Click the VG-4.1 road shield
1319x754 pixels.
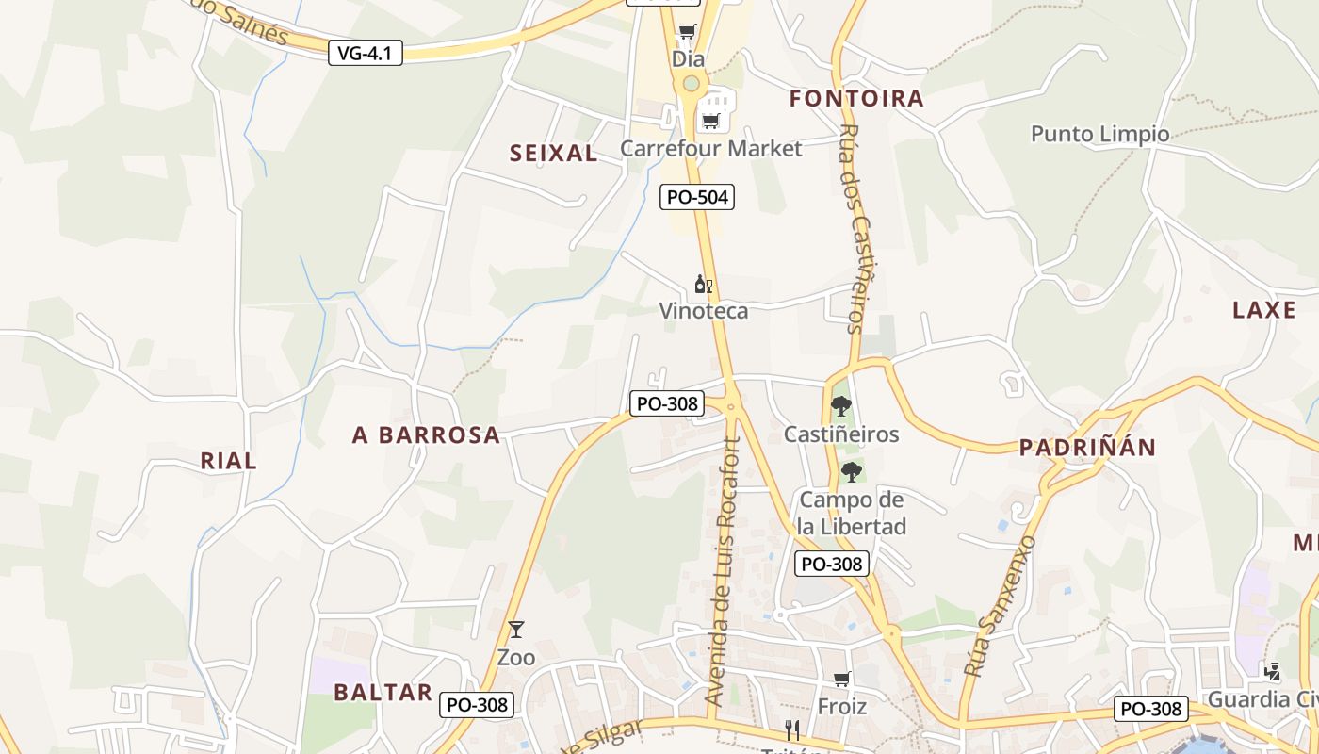click(x=366, y=53)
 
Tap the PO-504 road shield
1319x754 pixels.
click(x=696, y=197)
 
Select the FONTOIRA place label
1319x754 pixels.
click(x=856, y=99)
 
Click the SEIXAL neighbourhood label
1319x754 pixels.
click(x=553, y=154)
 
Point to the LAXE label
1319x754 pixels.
click(x=1263, y=310)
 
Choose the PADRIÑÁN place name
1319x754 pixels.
click(x=1087, y=448)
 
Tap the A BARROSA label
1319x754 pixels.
click(x=426, y=435)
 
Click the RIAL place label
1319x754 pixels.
click(x=228, y=461)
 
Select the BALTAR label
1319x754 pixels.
click(x=383, y=693)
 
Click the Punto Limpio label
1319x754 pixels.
click(x=1099, y=134)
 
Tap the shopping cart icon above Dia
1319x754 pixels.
click(x=688, y=32)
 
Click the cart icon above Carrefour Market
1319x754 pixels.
click(x=710, y=120)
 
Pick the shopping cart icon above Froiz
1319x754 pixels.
click(x=842, y=679)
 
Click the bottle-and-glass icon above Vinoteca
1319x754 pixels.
click(x=703, y=284)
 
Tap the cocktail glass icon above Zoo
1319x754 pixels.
click(x=515, y=630)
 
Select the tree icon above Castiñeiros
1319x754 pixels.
click(x=841, y=406)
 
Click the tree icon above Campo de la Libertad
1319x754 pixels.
click(x=852, y=471)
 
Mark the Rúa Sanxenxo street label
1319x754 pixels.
click(x=1001, y=606)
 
